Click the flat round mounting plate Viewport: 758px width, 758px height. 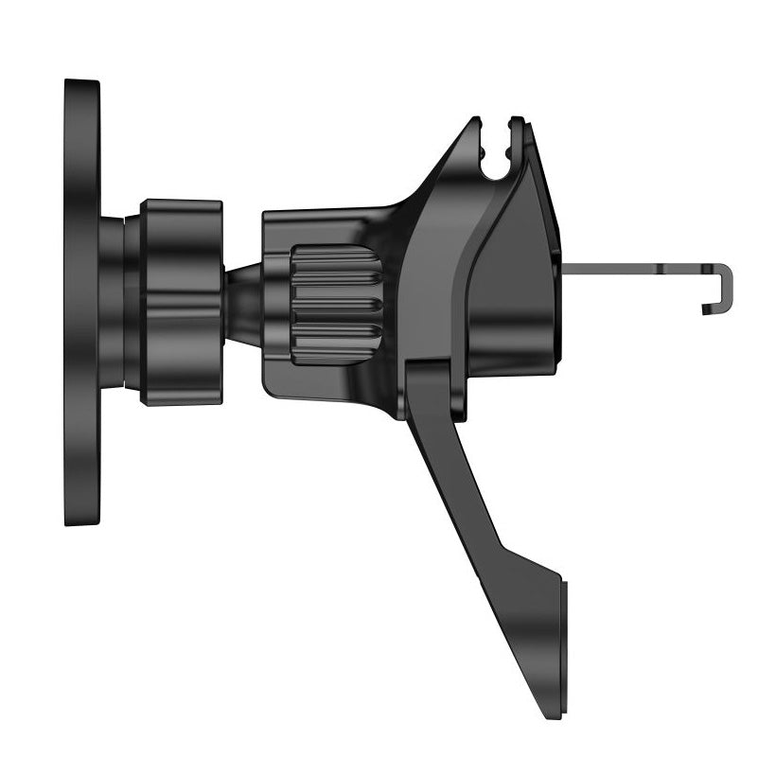coord(81,303)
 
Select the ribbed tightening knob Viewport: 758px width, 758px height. coord(336,305)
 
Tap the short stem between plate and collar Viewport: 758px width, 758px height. coord(112,302)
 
